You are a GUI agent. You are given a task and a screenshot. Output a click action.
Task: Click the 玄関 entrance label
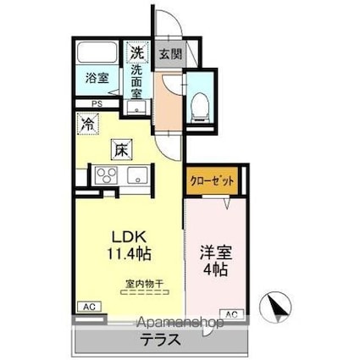coord(169,54)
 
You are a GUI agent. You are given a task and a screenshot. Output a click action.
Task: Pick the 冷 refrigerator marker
coord(88,123)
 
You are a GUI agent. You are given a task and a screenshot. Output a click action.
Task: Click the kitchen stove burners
coord(108,176)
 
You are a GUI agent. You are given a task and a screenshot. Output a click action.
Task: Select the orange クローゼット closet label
coord(212,180)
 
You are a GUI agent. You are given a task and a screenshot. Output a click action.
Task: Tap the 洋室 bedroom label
coord(214,252)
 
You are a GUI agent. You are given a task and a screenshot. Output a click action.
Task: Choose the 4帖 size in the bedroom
coord(214,270)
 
